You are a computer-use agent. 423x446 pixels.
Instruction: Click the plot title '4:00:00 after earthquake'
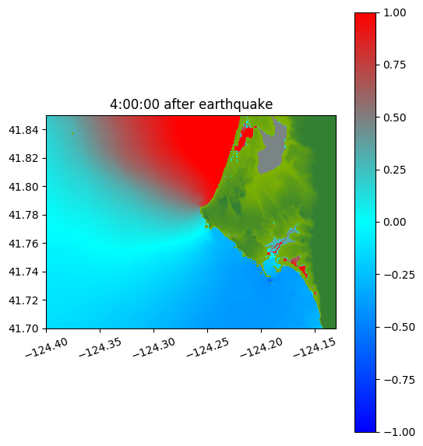pyautogui.click(x=192, y=104)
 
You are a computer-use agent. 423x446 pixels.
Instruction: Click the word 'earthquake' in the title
pyautogui.click(x=236, y=104)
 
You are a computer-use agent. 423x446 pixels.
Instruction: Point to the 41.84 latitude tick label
pyautogui.click(x=23, y=130)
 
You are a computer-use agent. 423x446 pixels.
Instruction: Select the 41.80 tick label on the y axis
pyautogui.click(x=23, y=187)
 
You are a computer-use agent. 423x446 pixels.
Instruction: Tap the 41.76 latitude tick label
pyautogui.click(x=23, y=244)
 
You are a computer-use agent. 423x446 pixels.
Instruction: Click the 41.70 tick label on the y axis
pyautogui.click(x=23, y=328)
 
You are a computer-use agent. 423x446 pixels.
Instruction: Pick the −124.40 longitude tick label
pyautogui.click(x=47, y=347)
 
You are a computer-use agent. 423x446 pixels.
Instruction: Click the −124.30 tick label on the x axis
pyautogui.click(x=154, y=347)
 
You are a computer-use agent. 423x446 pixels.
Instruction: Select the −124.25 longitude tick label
pyautogui.click(x=208, y=347)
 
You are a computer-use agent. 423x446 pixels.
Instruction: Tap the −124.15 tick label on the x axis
pyautogui.click(x=315, y=347)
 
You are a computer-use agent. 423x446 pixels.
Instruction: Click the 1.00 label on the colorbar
pyautogui.click(x=394, y=12)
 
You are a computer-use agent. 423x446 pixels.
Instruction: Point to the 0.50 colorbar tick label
pyautogui.click(x=394, y=118)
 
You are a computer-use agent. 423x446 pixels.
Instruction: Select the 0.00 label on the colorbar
pyautogui.click(x=394, y=222)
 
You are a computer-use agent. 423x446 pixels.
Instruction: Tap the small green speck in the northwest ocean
pyautogui.click(x=73, y=133)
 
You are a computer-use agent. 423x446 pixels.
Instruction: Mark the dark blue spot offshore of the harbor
pyautogui.click(x=270, y=281)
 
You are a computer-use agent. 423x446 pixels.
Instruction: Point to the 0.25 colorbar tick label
pyautogui.click(x=394, y=170)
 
